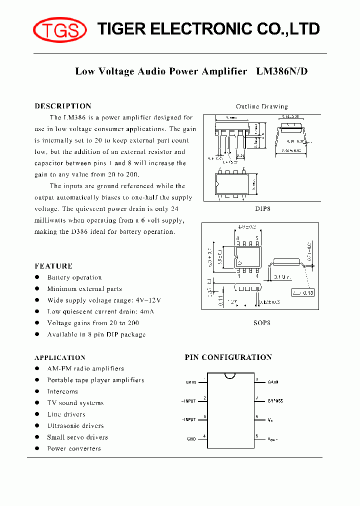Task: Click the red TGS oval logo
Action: point(59,30)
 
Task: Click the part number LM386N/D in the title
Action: point(282,71)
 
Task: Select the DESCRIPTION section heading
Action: point(63,106)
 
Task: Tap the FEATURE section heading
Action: point(53,266)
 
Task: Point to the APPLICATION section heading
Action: point(60,357)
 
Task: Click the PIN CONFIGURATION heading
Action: point(228,357)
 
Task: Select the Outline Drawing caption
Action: point(262,106)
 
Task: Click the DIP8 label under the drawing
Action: point(262,209)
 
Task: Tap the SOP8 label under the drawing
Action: point(262,323)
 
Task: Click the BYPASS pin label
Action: point(275,401)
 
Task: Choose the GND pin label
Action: point(191,439)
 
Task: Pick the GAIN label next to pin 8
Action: point(273,382)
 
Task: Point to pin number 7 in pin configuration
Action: point(256,398)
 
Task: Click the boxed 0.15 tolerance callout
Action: point(303,292)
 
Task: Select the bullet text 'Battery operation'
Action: point(74,277)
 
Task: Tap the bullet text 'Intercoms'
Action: point(62,391)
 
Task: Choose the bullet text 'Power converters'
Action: point(74,448)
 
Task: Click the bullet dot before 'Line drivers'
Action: point(37,414)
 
